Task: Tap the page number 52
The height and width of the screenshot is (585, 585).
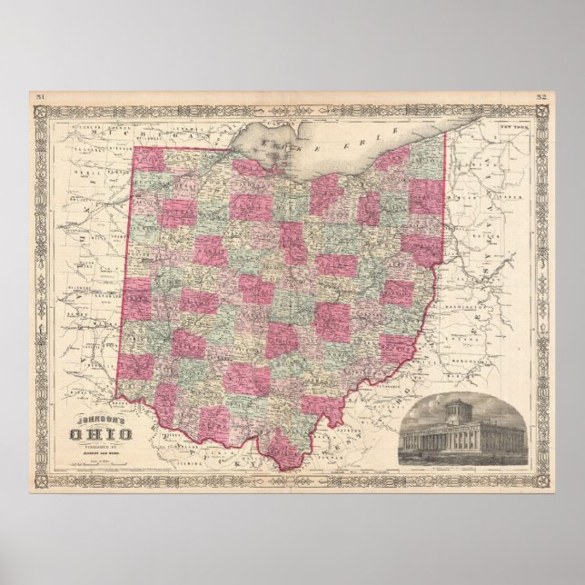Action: pos(541,95)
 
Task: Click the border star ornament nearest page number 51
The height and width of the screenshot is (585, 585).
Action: pos(37,113)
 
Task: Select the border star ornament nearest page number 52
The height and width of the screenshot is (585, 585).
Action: pos(541,113)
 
